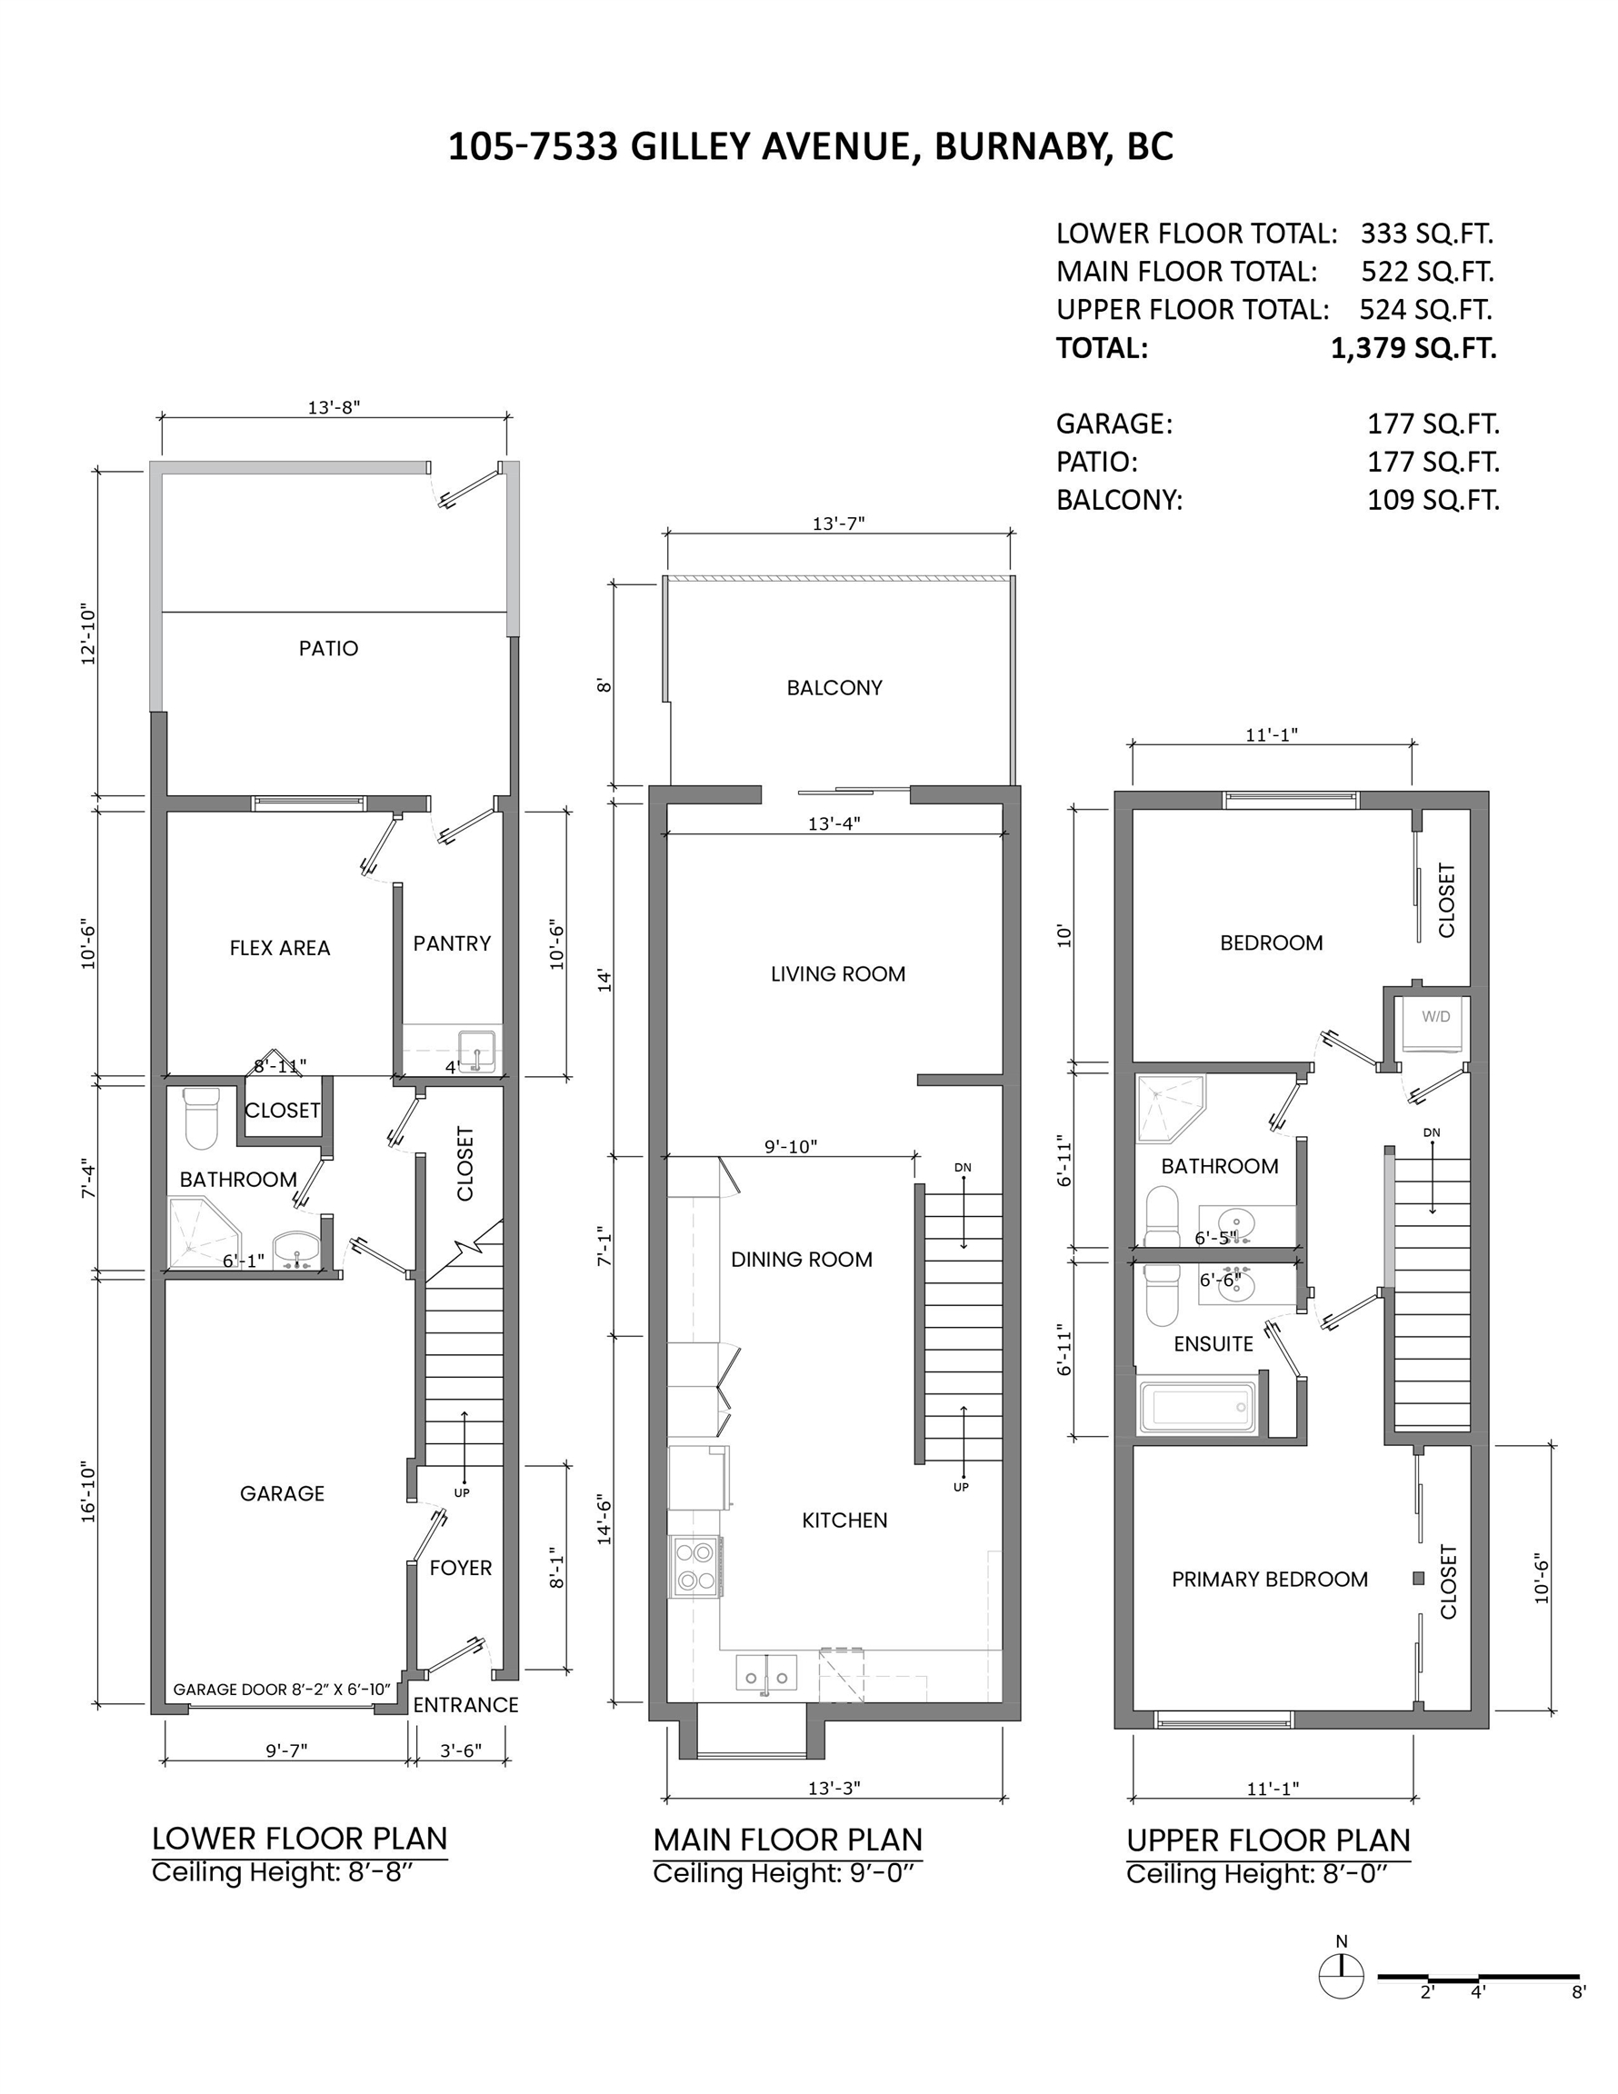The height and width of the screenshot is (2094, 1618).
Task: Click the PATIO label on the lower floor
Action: [x=328, y=648]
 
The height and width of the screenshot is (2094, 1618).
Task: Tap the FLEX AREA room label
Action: [x=280, y=948]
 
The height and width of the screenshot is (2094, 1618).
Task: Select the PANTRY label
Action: [x=452, y=943]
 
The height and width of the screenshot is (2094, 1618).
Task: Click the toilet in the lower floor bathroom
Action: [x=202, y=1118]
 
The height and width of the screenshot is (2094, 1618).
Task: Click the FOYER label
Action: [x=460, y=1568]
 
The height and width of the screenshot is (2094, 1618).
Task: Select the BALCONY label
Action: [x=834, y=687]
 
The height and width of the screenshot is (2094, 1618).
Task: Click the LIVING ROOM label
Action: [x=838, y=974]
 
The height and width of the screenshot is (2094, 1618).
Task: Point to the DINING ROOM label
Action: [x=802, y=1260]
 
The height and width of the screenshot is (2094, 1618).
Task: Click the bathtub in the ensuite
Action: [x=1197, y=1408]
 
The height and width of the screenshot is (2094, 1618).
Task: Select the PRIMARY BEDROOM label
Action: [x=1270, y=1579]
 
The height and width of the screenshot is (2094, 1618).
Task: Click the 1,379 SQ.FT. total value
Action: [x=1413, y=348]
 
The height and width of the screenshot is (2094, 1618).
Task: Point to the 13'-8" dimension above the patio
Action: [x=334, y=407]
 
